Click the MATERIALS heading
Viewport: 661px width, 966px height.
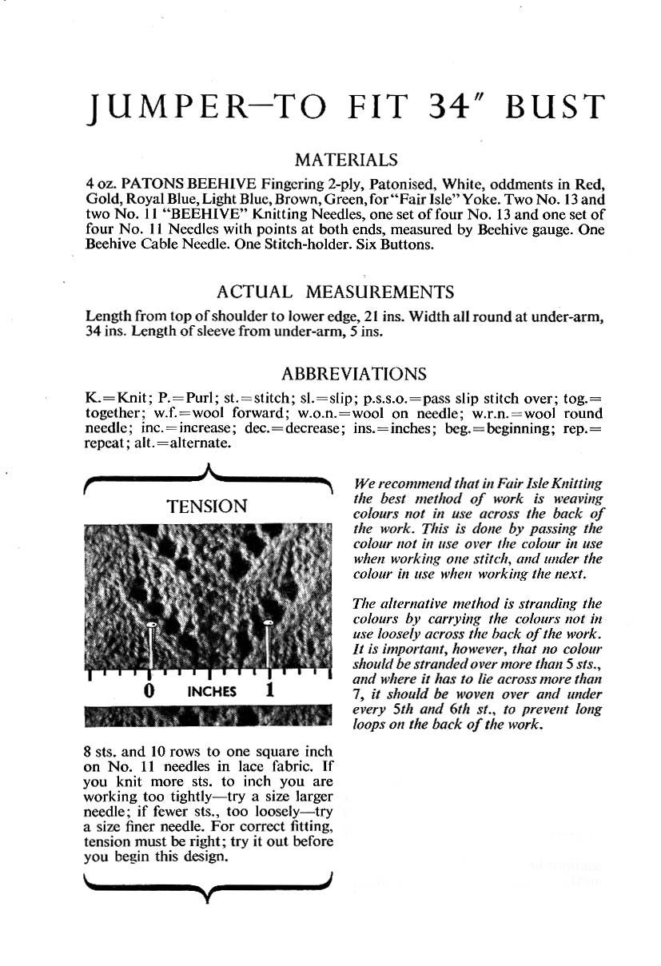(x=345, y=161)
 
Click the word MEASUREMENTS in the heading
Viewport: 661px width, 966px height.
(x=380, y=292)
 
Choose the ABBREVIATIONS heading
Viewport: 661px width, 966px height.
(x=353, y=373)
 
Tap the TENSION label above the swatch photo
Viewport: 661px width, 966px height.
(x=207, y=506)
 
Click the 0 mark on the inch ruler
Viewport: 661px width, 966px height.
(x=149, y=690)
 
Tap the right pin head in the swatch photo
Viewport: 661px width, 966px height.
(x=268, y=622)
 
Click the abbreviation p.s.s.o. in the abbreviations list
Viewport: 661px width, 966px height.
(x=388, y=398)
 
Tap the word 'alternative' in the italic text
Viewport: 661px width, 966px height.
(x=415, y=603)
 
